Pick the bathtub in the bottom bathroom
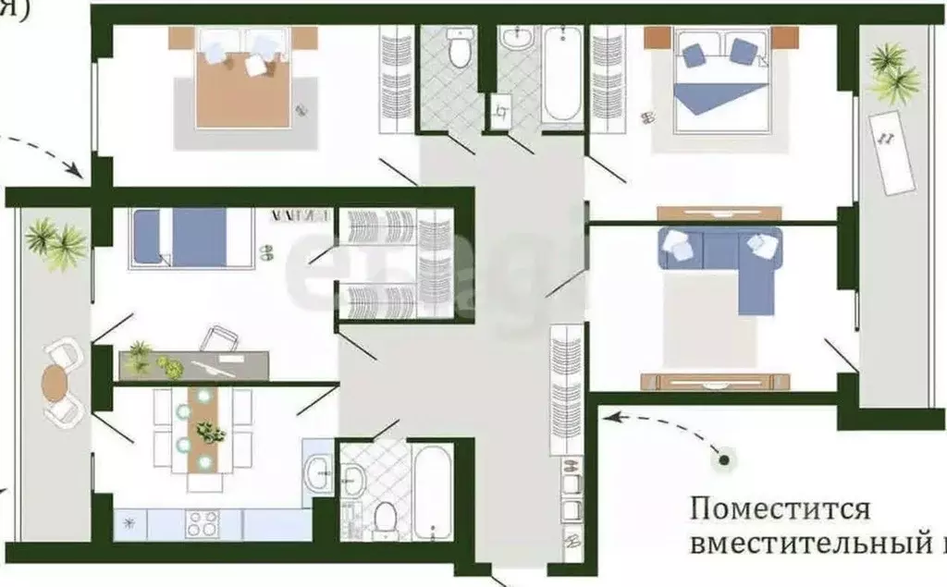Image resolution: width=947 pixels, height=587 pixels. [x=432, y=490]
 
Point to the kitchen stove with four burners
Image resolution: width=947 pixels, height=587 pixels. [x=202, y=524]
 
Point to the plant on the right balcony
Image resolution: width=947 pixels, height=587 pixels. [x=892, y=72]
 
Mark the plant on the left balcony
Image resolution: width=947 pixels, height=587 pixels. [x=55, y=243]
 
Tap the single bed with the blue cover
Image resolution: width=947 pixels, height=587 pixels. [x=191, y=237]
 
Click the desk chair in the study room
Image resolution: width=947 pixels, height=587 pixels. [x=220, y=338]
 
